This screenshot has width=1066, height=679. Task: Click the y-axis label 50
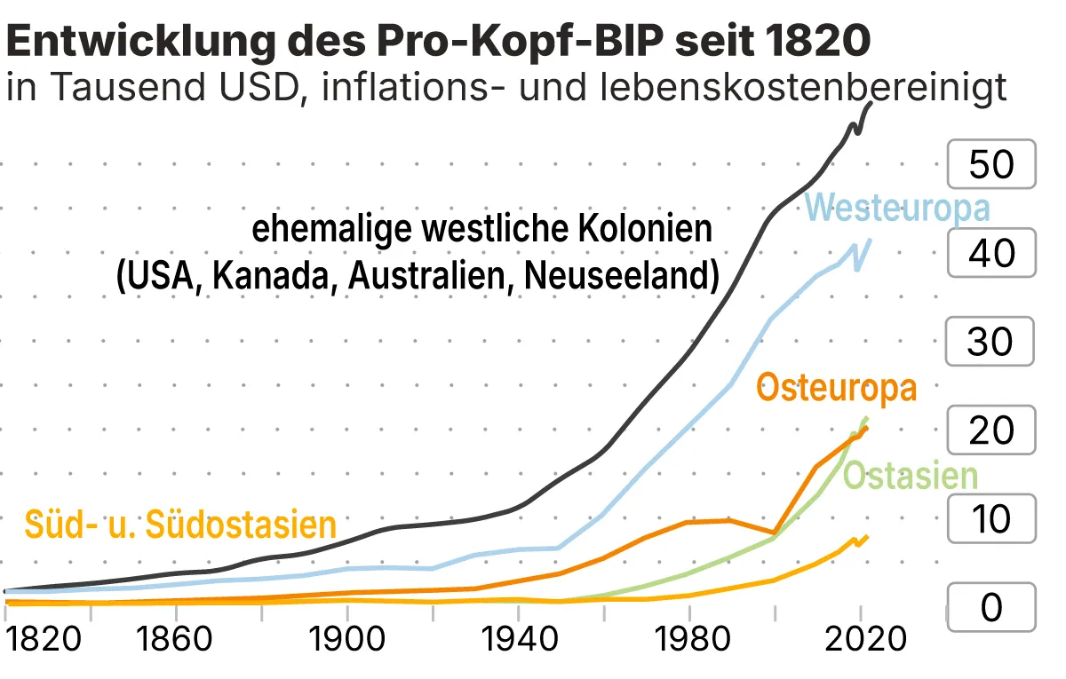pos(991,164)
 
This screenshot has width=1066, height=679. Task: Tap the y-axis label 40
pos(991,253)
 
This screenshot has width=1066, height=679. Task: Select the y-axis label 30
pos(991,342)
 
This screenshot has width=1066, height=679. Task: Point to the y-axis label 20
pos(991,430)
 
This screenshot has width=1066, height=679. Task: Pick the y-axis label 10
pos(991,519)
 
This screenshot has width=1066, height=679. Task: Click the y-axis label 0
pos(991,608)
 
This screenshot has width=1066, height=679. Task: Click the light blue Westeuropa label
pos(897,209)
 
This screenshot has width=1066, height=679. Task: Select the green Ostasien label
pos(910,477)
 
